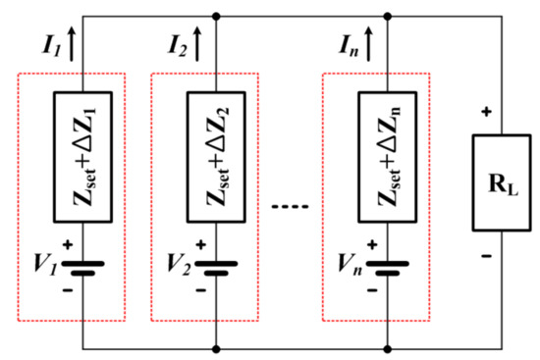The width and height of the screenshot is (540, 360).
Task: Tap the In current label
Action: pos(348,42)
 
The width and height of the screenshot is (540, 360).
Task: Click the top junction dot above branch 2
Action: pos(214,16)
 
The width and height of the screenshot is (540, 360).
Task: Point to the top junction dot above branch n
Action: pos(387,16)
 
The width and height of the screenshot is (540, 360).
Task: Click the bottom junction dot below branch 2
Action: pos(214,347)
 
